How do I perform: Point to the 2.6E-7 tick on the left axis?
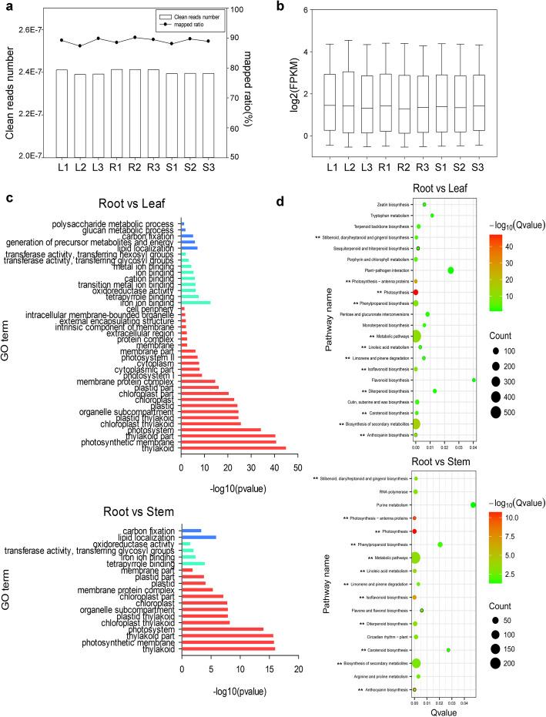click(31, 30)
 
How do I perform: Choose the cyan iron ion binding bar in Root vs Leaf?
click(196, 302)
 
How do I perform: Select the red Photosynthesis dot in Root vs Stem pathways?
click(415, 531)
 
